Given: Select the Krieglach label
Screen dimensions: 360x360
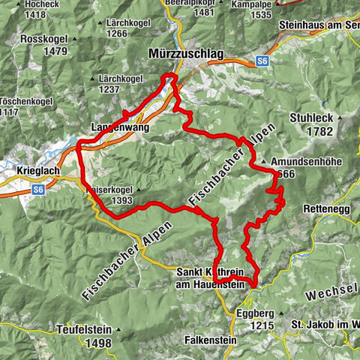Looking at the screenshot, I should (x=34, y=172).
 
